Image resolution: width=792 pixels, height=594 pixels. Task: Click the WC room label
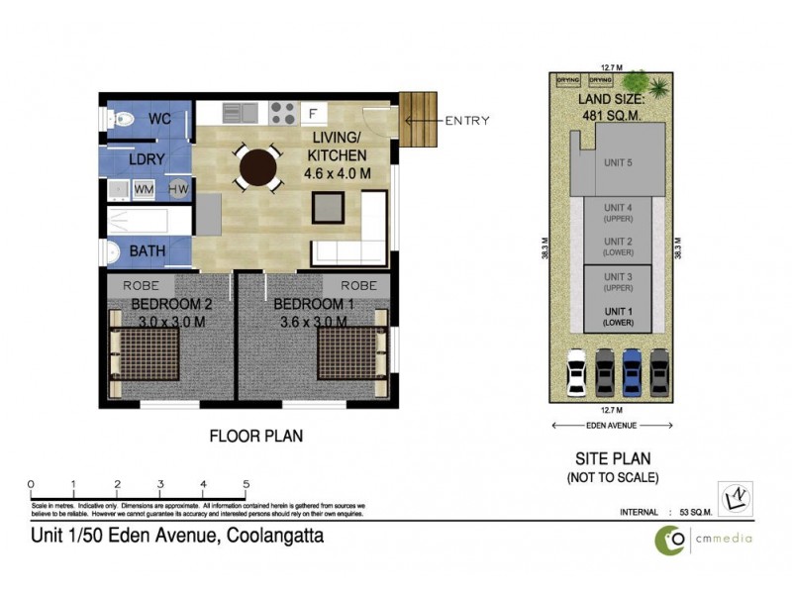(x=162, y=120)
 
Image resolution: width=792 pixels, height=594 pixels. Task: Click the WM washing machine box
(x=145, y=188)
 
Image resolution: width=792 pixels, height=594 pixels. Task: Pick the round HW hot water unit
(x=178, y=188)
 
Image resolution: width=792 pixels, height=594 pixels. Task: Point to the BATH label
(x=148, y=251)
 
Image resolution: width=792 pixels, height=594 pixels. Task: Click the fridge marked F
(x=311, y=112)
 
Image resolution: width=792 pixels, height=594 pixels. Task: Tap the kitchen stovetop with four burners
(x=280, y=112)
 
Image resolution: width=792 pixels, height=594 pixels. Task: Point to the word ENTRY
(x=466, y=121)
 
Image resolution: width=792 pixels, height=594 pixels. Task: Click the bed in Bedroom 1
(x=349, y=354)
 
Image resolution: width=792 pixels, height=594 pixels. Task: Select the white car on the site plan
(x=574, y=374)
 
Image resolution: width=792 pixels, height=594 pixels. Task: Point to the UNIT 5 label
(x=617, y=162)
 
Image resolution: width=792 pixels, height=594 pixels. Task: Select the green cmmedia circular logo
(x=672, y=539)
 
